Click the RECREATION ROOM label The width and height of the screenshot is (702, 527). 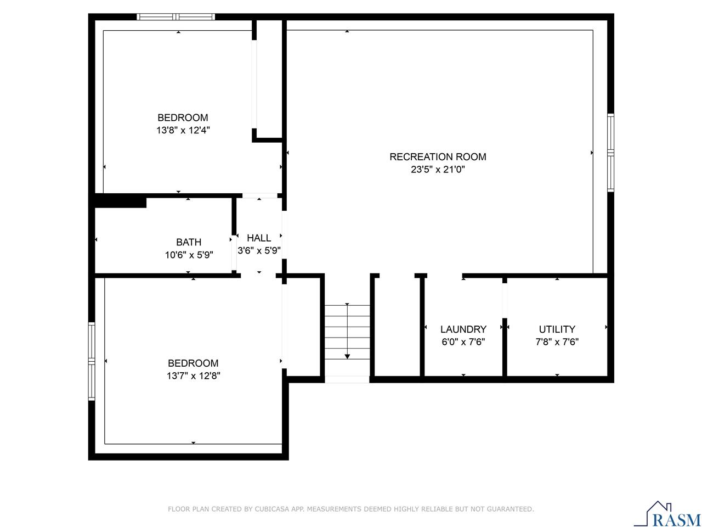coord(438,157)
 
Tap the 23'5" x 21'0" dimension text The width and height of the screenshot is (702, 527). coord(438,170)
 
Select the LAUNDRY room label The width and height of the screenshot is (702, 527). coord(463,329)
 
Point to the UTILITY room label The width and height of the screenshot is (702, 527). coord(557,329)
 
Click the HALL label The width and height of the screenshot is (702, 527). coord(259,238)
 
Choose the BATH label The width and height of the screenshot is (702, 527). coord(189,242)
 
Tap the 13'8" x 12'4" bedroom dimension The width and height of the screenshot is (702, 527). coord(183,131)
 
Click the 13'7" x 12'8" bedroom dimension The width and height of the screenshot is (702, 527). coord(193,376)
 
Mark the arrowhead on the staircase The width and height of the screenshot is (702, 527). coord(347,356)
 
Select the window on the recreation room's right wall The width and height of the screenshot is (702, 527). coord(610,153)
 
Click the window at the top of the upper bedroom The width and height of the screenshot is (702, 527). coord(175,17)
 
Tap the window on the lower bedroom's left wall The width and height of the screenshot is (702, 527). coord(92,360)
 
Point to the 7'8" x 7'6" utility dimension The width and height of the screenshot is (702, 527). coord(557,342)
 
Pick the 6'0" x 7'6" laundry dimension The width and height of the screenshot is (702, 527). coord(463,342)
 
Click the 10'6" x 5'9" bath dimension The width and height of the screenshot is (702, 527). coord(189,255)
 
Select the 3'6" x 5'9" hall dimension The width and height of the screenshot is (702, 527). coord(259,251)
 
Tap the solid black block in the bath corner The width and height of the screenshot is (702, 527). coord(121,201)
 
